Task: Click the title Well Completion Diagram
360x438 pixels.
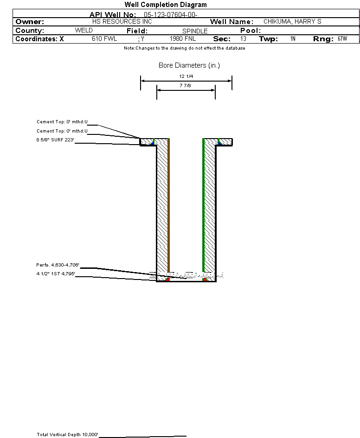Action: coord(166,5)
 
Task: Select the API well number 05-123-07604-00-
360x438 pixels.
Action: coord(171,15)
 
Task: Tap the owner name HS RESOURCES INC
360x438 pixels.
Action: coord(122,21)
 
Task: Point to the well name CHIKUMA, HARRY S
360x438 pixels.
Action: coord(292,21)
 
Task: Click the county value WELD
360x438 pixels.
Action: coord(84,30)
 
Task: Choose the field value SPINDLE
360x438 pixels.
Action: coord(195,31)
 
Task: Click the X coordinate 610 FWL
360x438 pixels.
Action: coord(104,38)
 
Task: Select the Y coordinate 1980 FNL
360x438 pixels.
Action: coord(183,38)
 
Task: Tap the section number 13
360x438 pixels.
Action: coord(243,38)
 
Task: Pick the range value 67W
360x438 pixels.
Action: coord(342,38)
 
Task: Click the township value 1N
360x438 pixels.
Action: coord(293,38)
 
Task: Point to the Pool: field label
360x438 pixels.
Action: coord(251,31)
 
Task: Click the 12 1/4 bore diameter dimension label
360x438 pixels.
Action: coord(186,76)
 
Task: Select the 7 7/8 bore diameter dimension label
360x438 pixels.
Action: coord(185,85)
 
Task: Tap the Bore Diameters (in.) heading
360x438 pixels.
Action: coord(189,65)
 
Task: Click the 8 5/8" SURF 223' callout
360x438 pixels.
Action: coord(55,140)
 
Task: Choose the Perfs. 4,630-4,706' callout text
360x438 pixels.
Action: coord(58,265)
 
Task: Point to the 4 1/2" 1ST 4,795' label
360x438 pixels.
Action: coord(56,274)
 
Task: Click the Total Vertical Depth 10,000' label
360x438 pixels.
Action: coord(67,435)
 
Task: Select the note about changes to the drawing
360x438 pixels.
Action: coord(185,48)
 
